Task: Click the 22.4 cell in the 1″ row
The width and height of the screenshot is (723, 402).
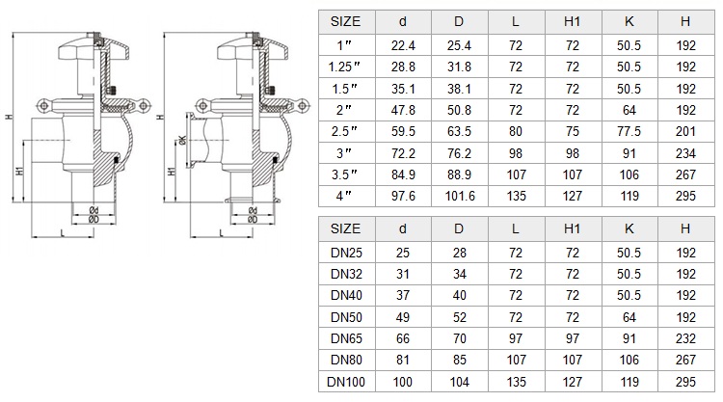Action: [403, 45]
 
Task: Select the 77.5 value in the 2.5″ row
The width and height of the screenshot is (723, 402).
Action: [629, 131]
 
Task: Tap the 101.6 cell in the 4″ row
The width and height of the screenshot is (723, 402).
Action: [459, 196]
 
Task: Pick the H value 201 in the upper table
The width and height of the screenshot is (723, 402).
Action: [685, 131]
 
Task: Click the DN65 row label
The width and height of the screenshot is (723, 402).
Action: [346, 338]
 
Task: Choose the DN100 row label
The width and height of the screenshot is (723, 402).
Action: [346, 382]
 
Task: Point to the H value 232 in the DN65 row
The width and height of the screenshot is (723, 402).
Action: [685, 338]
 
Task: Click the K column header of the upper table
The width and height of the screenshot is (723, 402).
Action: [629, 21]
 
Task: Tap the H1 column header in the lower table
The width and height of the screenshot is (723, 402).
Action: [572, 228]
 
